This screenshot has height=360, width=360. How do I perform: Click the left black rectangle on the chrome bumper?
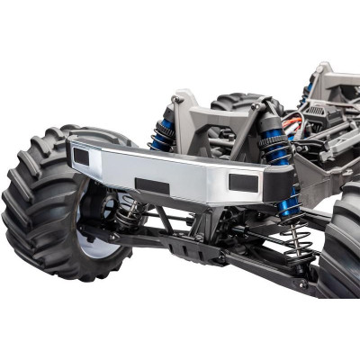click(81, 157)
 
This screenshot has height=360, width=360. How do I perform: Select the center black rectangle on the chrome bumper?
click(152, 186)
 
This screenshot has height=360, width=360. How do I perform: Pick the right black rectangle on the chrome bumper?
click(243, 182)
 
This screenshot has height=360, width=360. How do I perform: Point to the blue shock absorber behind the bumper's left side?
click(163, 133)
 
